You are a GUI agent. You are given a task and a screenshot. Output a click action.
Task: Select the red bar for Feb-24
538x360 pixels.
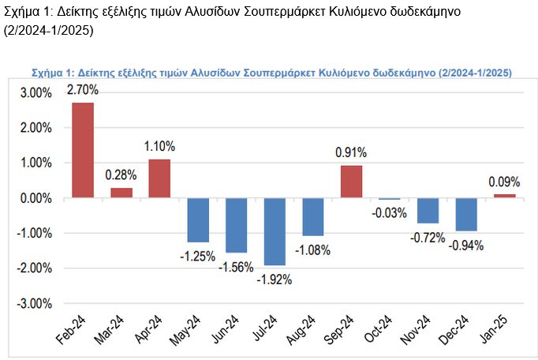[83, 150]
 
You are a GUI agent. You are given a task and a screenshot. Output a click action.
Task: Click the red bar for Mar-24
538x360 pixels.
[121, 193]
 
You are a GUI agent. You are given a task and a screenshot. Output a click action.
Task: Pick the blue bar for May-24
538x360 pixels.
[198, 219]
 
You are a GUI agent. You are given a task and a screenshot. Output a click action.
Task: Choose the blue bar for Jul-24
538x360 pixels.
[275, 231]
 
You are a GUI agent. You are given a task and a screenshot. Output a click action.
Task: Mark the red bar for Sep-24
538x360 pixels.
[351, 182]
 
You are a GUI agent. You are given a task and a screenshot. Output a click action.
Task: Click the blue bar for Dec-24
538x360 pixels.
[466, 214]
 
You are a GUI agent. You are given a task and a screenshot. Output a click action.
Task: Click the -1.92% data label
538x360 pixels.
[275, 278]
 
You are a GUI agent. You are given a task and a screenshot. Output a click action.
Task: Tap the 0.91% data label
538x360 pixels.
[351, 152]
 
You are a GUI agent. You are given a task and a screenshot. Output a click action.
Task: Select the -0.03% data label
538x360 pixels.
[388, 212]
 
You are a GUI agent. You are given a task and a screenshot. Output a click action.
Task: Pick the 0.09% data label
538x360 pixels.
[504, 181]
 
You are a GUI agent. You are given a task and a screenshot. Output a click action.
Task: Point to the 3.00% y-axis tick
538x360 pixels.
[36, 92]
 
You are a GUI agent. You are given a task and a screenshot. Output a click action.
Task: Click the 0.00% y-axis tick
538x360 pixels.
[36, 198]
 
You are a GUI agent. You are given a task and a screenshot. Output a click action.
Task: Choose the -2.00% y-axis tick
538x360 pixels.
[35, 268]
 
